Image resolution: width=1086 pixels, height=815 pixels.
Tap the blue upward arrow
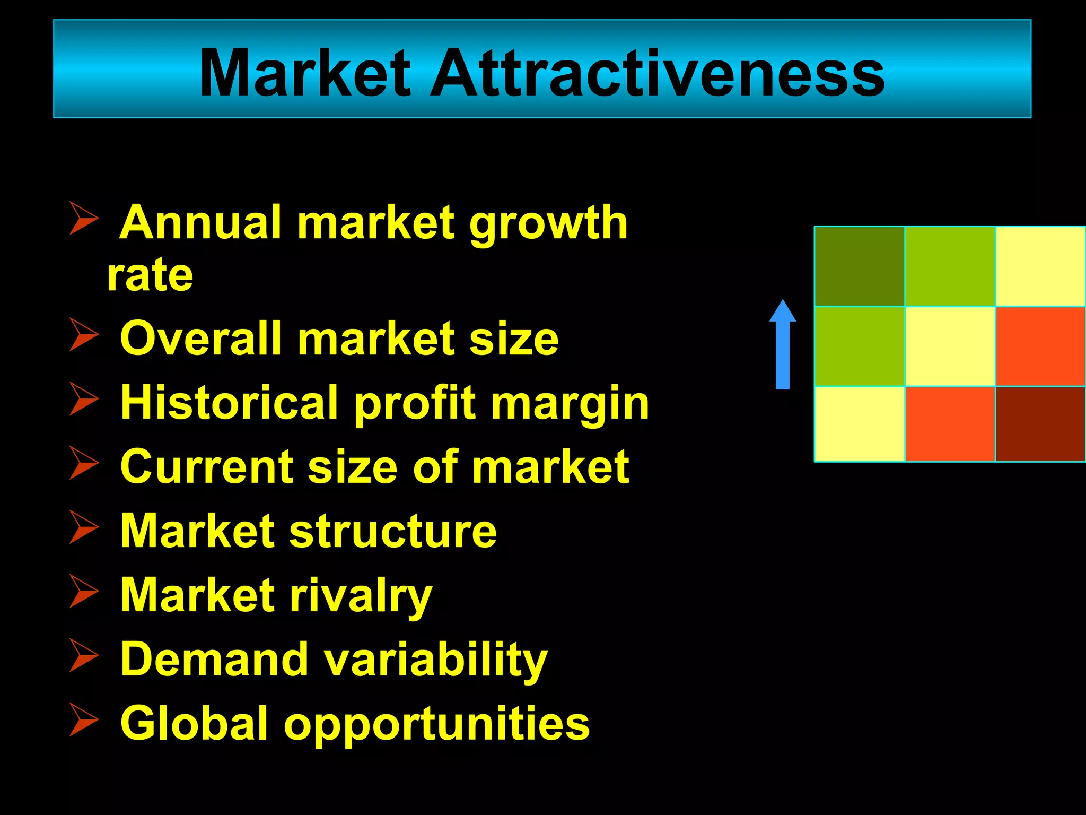coord(783,345)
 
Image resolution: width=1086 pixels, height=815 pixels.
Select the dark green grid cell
coord(859,266)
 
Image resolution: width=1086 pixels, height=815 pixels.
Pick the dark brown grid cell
coord(1040,423)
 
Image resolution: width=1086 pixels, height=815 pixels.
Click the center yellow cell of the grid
coord(950,346)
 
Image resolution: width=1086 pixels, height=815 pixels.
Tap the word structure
coord(393,532)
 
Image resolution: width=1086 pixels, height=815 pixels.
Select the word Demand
coord(214,659)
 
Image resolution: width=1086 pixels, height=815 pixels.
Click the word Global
coord(194,723)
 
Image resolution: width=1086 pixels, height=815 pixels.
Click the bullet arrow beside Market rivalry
coord(84,591)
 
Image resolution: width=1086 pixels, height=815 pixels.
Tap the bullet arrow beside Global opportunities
coord(84,719)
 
